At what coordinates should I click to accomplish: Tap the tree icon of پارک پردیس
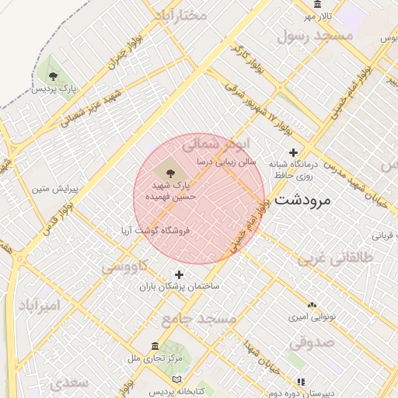[x=53, y=75]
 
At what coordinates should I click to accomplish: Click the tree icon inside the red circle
[x=170, y=170]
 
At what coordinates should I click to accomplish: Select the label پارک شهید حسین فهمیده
[x=170, y=191]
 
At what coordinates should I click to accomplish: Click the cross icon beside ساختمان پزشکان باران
[x=180, y=274]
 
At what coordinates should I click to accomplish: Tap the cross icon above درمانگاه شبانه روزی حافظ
[x=293, y=152]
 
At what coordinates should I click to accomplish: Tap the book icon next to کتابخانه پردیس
[x=177, y=379]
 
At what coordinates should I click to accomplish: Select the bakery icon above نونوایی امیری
[x=312, y=305]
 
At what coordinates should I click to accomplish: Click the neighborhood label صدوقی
[x=312, y=341]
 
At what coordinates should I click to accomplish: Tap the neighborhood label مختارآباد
[x=180, y=14]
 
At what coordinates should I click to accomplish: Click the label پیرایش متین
[x=51, y=189]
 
